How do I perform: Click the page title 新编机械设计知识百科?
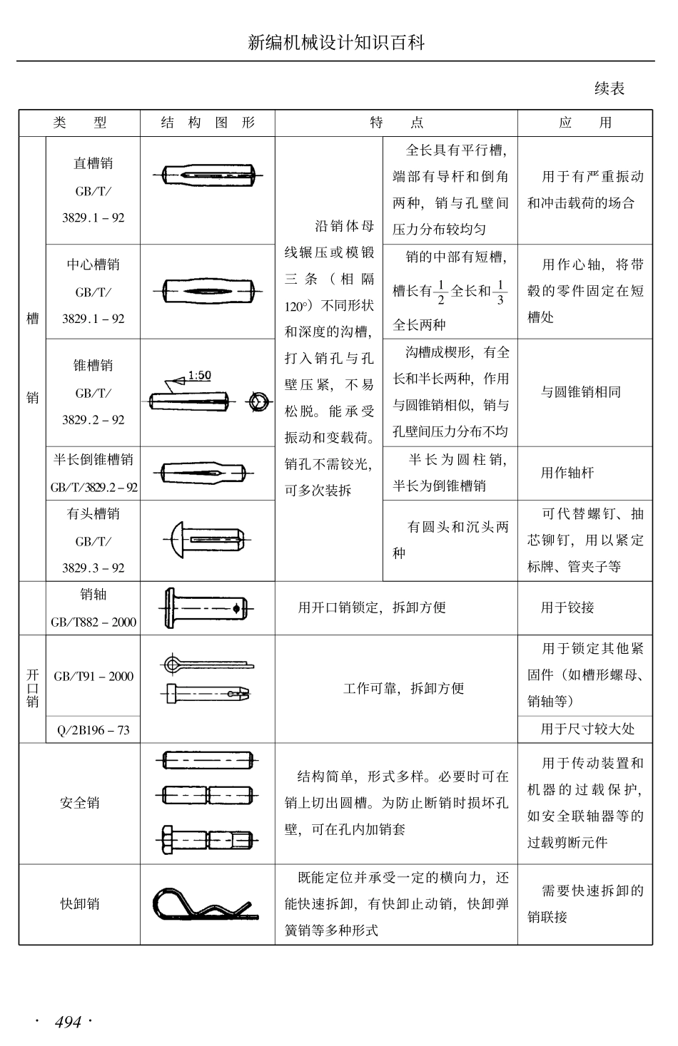tap(336, 43)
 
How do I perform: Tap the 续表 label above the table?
tap(609, 88)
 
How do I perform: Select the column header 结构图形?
tap(208, 123)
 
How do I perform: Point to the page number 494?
tap(68, 1022)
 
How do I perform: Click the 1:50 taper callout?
tap(199, 375)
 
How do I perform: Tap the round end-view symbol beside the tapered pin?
tap(258, 401)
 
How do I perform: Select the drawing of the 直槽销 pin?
tap(208, 175)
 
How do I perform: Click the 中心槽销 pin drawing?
tap(208, 291)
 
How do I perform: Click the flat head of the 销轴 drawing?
tap(170, 607)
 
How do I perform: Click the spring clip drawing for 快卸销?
tap(204, 905)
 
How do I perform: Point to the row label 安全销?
tap(80, 803)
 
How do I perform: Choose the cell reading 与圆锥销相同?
tap(580, 392)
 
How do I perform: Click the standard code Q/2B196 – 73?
tap(93, 730)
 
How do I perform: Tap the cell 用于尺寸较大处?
tap(587, 729)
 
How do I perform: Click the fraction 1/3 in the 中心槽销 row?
tap(500, 291)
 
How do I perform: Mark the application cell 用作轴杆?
tap(567, 473)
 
